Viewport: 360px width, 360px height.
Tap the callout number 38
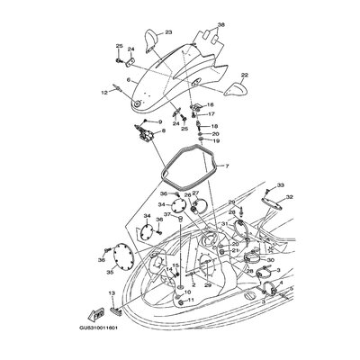(221, 24)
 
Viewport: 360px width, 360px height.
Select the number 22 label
(245, 75)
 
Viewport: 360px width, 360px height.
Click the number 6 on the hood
(129, 80)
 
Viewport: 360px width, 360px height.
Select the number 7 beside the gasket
(227, 166)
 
